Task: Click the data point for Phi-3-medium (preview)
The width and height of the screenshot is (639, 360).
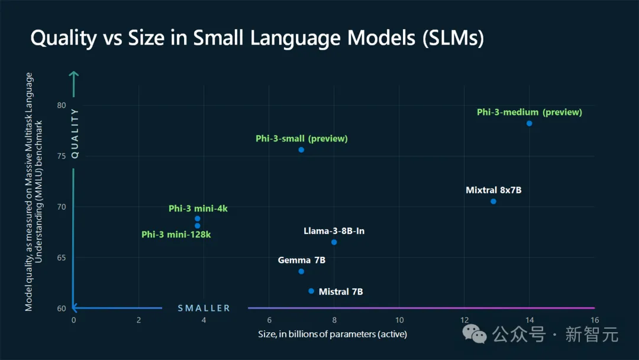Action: click(x=529, y=123)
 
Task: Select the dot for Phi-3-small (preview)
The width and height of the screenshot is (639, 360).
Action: click(x=301, y=150)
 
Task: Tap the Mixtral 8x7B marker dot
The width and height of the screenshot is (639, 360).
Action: click(x=493, y=201)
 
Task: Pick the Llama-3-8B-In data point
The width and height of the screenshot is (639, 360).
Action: click(x=334, y=242)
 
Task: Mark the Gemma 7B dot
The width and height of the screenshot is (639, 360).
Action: click(x=301, y=271)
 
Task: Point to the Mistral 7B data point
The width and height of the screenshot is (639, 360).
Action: click(x=311, y=291)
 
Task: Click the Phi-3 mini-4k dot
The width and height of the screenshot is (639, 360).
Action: click(x=198, y=218)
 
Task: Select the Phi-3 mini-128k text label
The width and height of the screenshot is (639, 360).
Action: click(x=176, y=235)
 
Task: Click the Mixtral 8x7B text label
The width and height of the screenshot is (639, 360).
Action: click(x=493, y=190)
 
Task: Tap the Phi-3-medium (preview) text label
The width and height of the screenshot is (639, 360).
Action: click(x=530, y=112)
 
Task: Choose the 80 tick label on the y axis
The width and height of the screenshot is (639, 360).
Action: click(x=61, y=105)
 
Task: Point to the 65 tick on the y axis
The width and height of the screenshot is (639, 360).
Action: click(x=61, y=258)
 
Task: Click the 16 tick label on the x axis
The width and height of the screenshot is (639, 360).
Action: click(x=594, y=320)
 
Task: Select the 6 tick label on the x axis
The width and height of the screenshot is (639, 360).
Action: click(x=269, y=320)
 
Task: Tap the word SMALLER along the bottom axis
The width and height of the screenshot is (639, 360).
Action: click(x=204, y=308)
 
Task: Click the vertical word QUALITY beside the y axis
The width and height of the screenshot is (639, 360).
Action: click(x=75, y=133)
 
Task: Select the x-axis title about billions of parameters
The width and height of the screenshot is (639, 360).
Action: click(x=333, y=335)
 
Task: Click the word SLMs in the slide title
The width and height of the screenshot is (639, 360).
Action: click(x=451, y=38)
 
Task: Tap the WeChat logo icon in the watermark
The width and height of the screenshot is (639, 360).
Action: click(x=475, y=334)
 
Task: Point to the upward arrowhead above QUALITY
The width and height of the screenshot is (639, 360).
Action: click(x=74, y=75)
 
